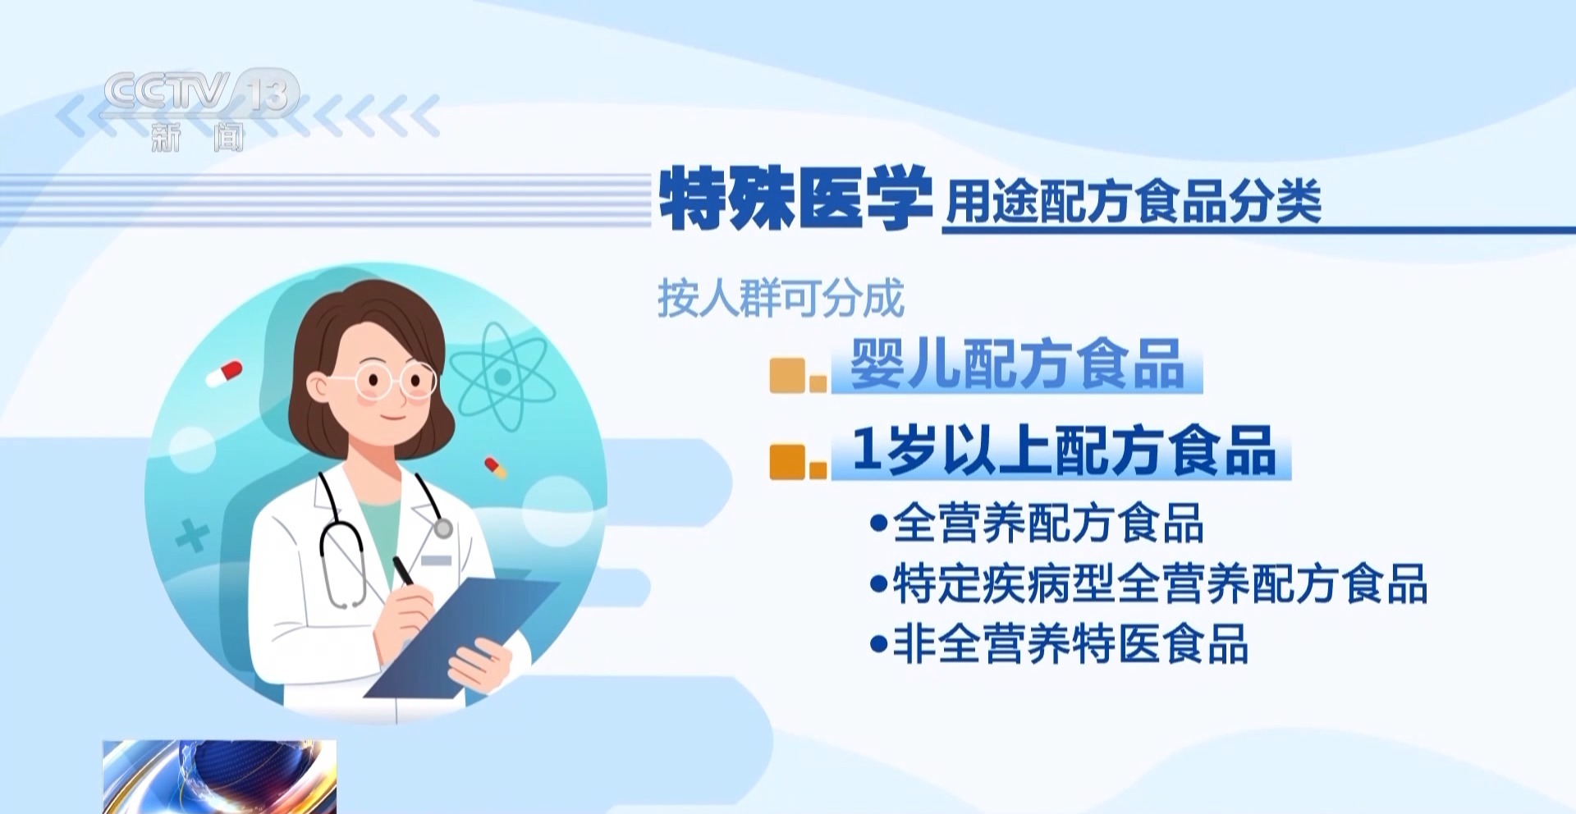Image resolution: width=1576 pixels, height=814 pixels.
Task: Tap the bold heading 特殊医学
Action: click(795, 199)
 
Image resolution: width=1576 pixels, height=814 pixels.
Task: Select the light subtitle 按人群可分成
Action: click(781, 298)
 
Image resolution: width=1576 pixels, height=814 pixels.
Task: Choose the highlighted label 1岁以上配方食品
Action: click(1062, 451)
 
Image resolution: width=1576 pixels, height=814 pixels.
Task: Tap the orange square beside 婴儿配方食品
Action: click(788, 376)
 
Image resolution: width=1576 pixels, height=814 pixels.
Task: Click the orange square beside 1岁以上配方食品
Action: click(788, 461)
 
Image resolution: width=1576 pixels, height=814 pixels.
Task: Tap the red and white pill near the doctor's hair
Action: click(224, 373)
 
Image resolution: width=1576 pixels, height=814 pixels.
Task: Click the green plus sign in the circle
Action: click(192, 537)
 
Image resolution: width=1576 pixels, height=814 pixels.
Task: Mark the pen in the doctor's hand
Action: click(405, 572)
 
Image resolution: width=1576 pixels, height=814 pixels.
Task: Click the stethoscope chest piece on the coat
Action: click(443, 528)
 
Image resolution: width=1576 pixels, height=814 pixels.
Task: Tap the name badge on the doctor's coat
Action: click(436, 560)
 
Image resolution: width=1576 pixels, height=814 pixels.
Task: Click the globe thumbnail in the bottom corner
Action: click(219, 776)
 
